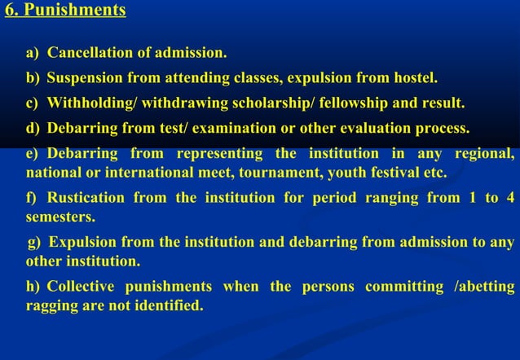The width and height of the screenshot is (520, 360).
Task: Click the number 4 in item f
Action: click(x=509, y=198)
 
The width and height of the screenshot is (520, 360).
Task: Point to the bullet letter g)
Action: click(x=35, y=243)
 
